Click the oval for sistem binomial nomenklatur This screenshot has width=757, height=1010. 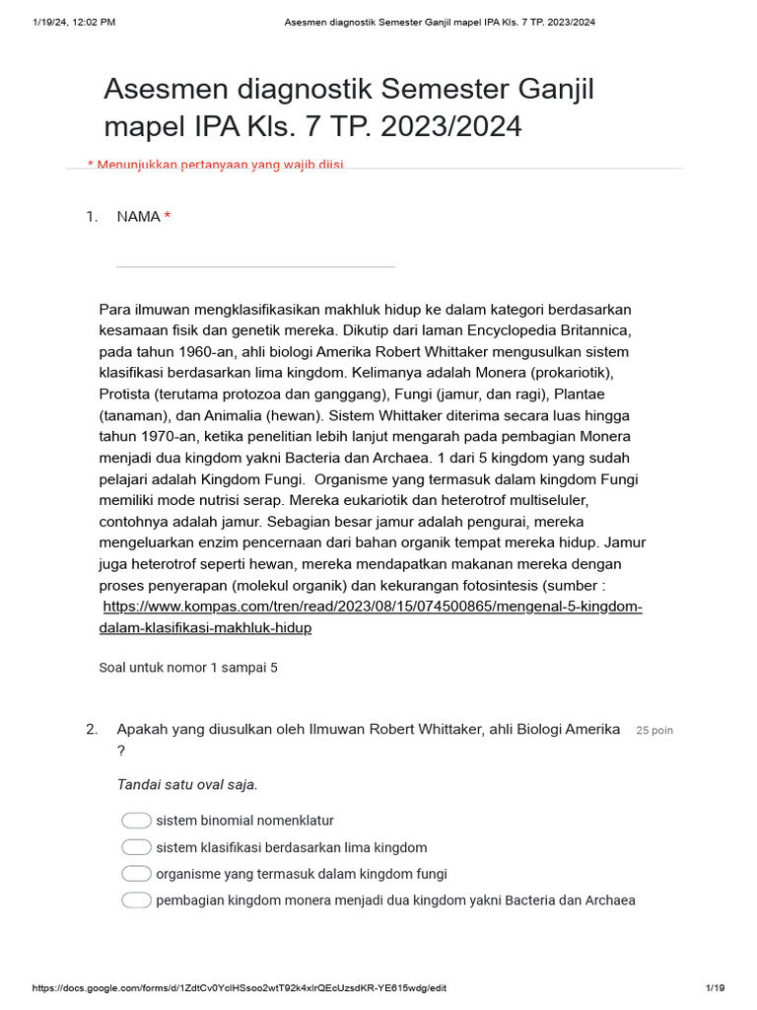[x=136, y=821]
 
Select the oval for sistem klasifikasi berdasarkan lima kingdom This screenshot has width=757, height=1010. [x=136, y=847]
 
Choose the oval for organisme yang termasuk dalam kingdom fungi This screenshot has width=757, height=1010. [x=136, y=874]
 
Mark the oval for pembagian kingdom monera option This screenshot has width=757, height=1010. [x=136, y=901]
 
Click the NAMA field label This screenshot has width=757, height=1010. [x=138, y=217]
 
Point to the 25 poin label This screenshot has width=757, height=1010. [x=654, y=731]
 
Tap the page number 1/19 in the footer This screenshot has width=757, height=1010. [x=715, y=988]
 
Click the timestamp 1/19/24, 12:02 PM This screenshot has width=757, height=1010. [x=74, y=22]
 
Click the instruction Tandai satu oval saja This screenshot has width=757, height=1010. [x=187, y=785]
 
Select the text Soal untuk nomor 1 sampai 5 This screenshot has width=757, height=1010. [x=188, y=668]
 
